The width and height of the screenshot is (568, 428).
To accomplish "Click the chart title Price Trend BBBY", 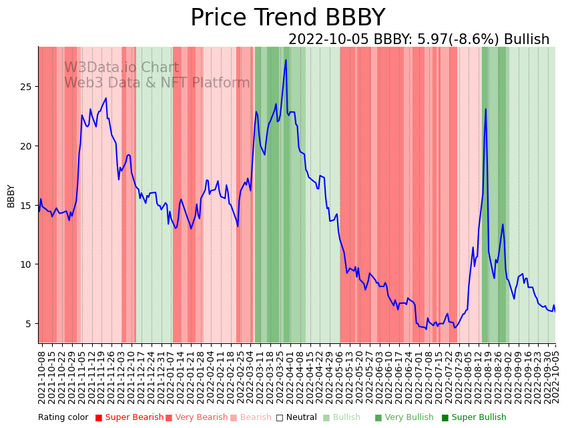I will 288,18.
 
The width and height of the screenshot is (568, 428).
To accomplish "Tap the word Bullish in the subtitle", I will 526,39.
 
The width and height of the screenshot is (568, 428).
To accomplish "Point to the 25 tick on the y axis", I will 27,87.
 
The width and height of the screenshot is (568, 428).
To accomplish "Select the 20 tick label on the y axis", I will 27,146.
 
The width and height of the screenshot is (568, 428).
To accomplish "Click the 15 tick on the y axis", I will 27,205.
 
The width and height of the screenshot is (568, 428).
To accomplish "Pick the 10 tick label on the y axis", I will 27,264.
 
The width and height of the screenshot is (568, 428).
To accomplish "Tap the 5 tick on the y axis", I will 30,323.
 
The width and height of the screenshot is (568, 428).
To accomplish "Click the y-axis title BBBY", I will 11,196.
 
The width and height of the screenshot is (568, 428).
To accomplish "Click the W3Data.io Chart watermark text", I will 121,68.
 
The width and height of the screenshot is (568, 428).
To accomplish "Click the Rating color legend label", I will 63,417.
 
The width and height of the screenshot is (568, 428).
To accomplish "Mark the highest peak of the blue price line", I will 286,60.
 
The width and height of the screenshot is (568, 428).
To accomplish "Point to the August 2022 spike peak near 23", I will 485,109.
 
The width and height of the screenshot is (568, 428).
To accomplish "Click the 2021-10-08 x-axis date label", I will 41,377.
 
